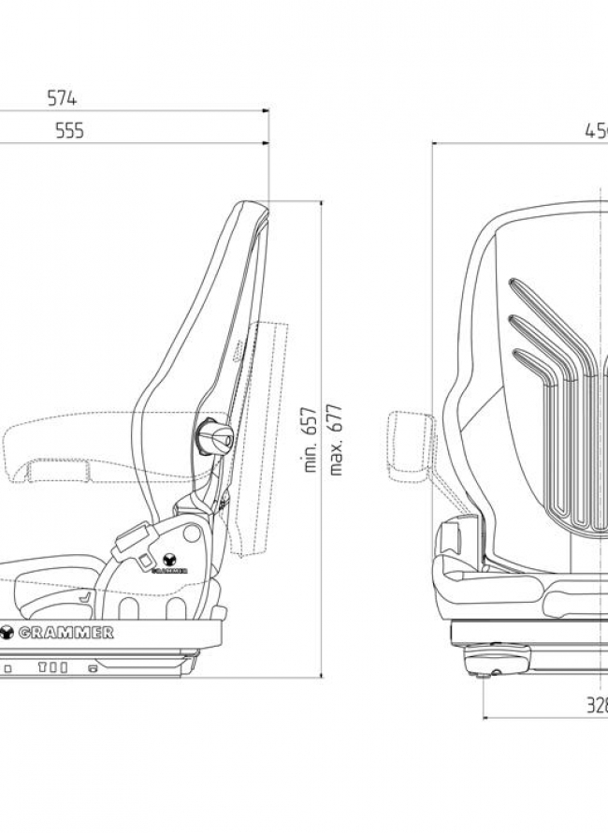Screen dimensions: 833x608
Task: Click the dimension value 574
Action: pyautogui.click(x=62, y=97)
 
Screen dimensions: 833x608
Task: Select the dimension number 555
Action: pyautogui.click(x=68, y=131)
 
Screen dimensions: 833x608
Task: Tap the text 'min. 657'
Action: pyautogui.click(x=312, y=440)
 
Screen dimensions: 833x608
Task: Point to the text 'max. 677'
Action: pyautogui.click(x=336, y=440)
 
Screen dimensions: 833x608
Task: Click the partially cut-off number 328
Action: pyautogui.click(x=596, y=706)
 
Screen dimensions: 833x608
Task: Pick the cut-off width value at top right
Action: pyautogui.click(x=596, y=131)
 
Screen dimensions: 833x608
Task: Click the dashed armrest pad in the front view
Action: pyautogui.click(x=411, y=441)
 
